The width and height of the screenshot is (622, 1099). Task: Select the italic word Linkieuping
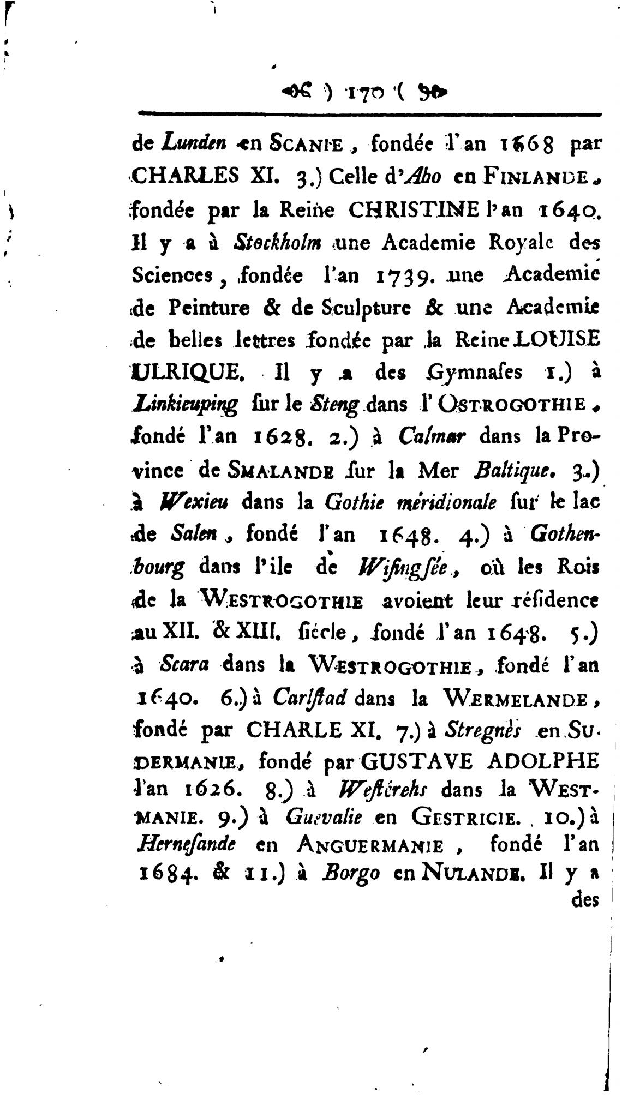(x=186, y=405)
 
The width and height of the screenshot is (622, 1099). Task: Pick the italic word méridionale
(x=447, y=502)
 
